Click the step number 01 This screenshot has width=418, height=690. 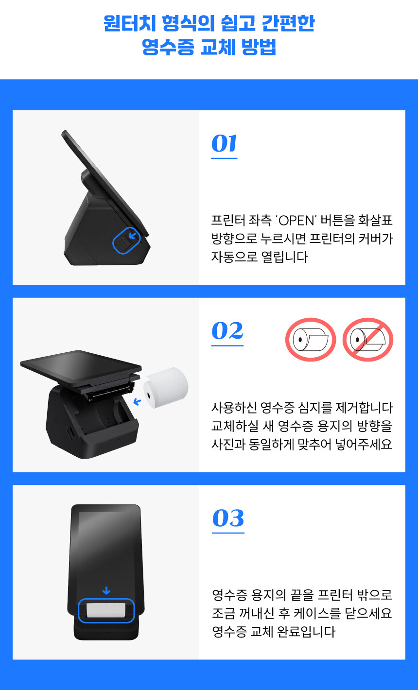point(224,143)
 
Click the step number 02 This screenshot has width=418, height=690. point(227,330)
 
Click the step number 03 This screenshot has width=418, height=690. point(228,518)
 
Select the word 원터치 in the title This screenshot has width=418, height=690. point(130,23)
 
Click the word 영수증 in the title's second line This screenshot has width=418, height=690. point(168,47)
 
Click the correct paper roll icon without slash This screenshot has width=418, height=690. point(310,340)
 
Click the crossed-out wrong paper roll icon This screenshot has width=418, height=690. point(368,340)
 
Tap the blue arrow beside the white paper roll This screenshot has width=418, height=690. point(137,402)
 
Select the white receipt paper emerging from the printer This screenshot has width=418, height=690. point(105,610)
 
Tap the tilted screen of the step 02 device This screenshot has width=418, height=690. point(81,363)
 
